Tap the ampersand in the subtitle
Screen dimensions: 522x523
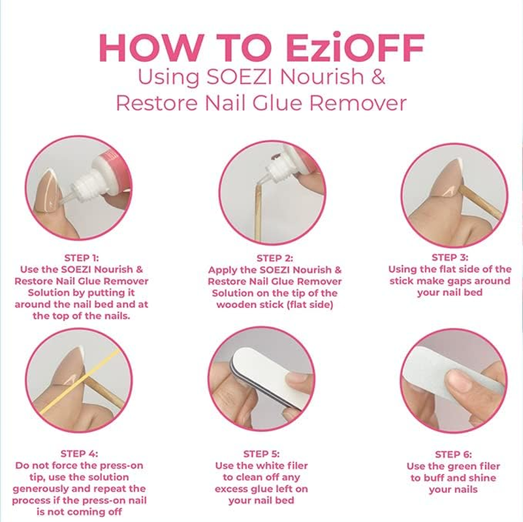tap(377, 76)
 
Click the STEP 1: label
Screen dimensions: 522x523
tap(82, 258)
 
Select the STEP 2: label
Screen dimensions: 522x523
tap(274, 258)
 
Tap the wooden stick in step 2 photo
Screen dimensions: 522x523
tap(259, 215)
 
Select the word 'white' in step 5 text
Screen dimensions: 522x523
tap(266, 466)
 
